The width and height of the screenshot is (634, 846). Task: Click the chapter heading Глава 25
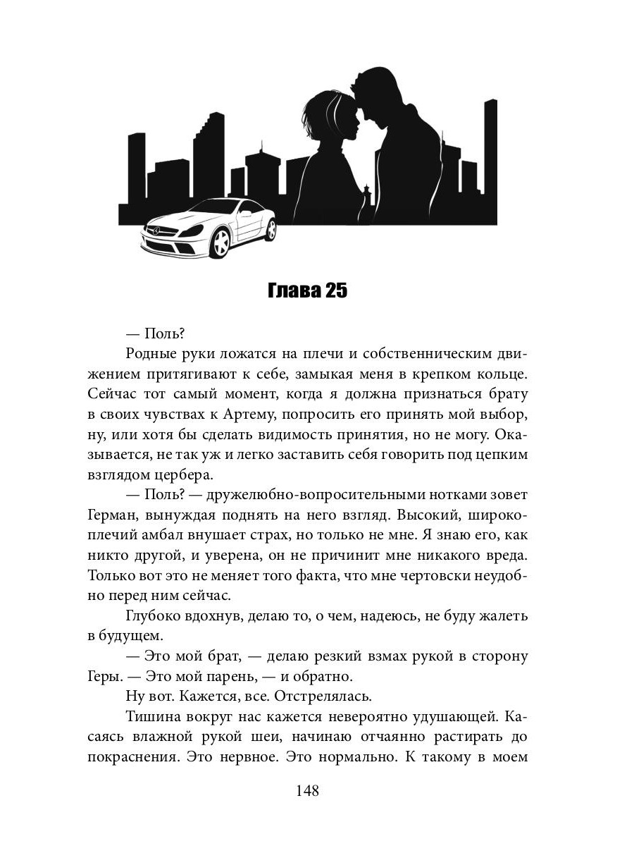pos(308,291)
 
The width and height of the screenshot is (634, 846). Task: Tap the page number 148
pos(308,790)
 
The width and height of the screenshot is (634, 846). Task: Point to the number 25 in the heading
pos(336,291)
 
